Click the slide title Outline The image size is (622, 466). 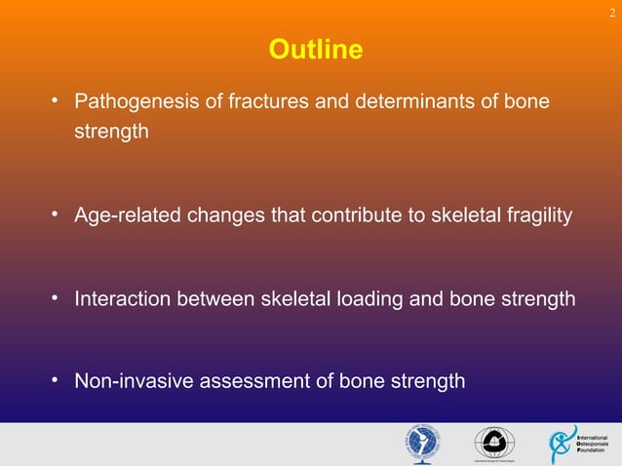tap(315, 49)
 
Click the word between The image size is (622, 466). tap(216, 298)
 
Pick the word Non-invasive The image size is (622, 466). tap(135, 380)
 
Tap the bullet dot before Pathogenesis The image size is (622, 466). tap(58, 100)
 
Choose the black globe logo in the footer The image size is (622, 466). tap(492, 443)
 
